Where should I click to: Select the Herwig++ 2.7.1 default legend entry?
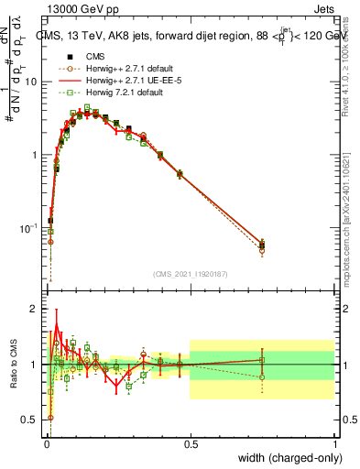(x=120, y=67)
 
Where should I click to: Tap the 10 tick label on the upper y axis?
(x=31, y=82)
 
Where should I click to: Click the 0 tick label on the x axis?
(x=47, y=443)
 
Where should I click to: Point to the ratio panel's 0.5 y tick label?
(x=31, y=420)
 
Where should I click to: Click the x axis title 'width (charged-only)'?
(x=287, y=458)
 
